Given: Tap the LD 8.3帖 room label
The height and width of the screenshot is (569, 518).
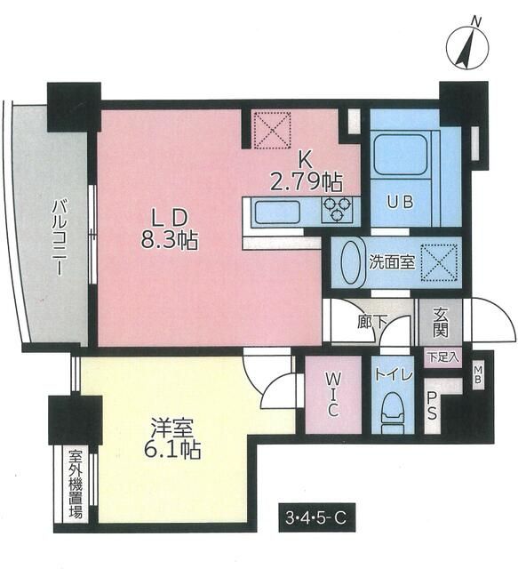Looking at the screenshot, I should [166, 228].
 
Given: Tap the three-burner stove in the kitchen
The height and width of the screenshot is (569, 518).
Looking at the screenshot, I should [339, 211].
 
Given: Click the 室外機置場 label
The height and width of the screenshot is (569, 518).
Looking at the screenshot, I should [75, 484].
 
